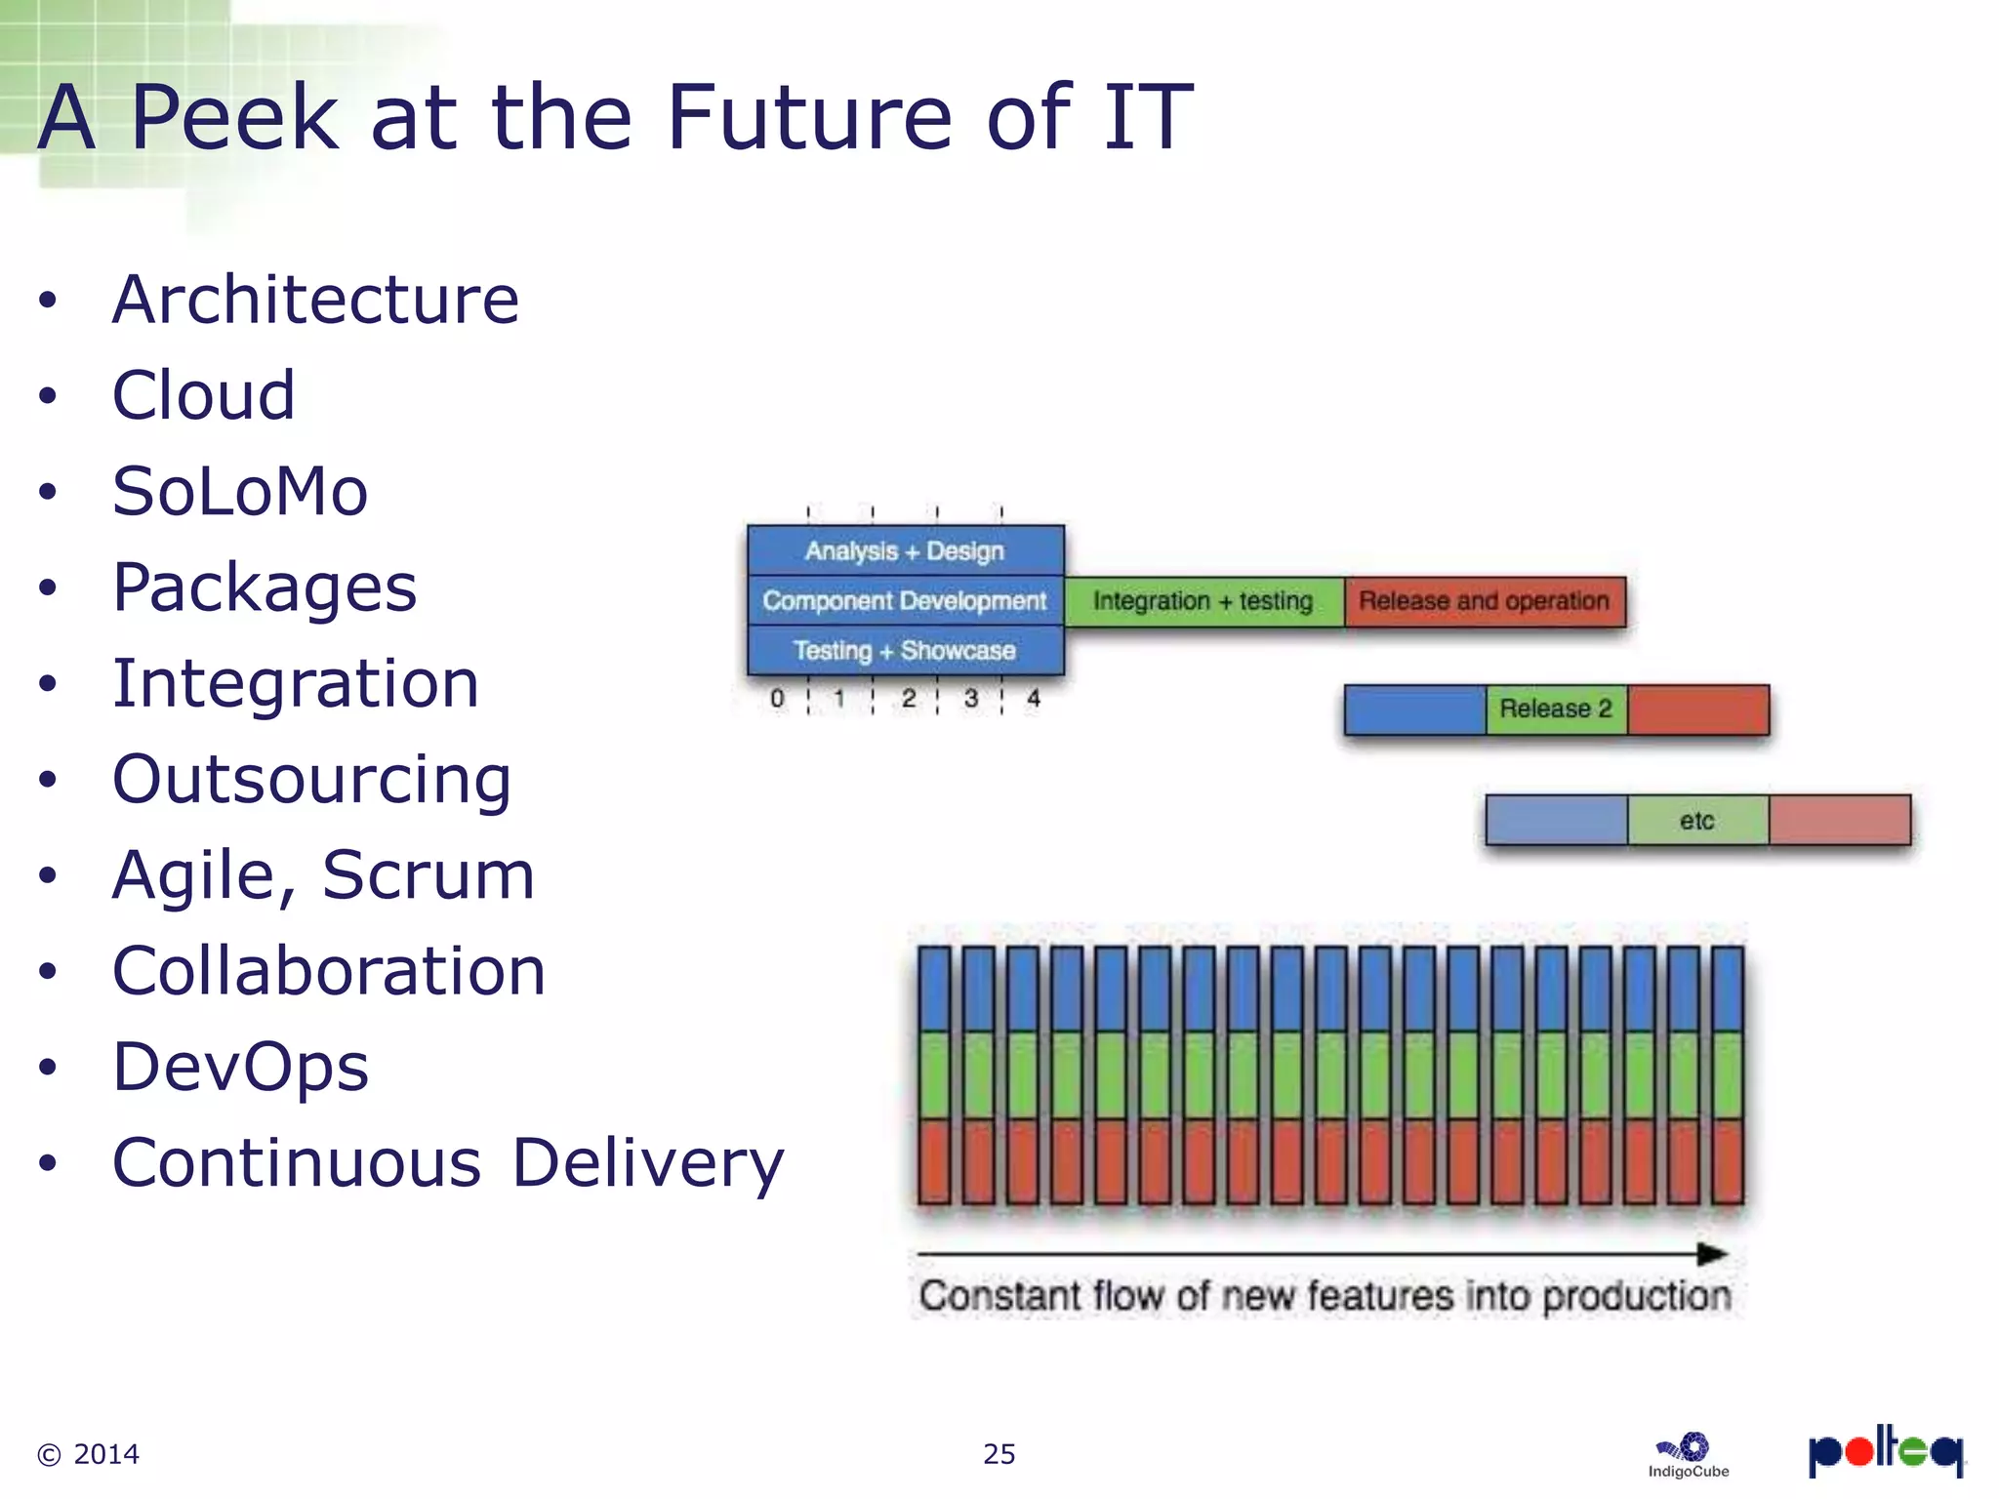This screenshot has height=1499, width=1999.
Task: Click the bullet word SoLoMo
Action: click(x=240, y=491)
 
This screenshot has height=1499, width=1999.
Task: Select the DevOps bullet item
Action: click(x=240, y=1067)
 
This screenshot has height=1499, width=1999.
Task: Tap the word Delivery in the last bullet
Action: click(x=648, y=1163)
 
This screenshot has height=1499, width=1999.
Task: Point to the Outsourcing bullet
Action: click(x=311, y=779)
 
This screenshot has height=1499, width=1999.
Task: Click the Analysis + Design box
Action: click(x=905, y=551)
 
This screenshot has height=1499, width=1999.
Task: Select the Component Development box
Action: click(x=905, y=601)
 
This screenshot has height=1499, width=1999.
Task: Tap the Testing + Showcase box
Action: click(x=905, y=651)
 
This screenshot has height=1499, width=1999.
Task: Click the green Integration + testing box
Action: click(x=1203, y=601)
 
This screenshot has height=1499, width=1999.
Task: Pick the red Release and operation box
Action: click(x=1484, y=601)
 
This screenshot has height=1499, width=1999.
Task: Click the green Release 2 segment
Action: click(x=1556, y=709)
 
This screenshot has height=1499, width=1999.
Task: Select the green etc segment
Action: click(x=1697, y=821)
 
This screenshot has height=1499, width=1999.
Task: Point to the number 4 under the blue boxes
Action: click(x=1034, y=699)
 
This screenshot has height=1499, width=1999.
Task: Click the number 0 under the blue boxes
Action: click(x=777, y=699)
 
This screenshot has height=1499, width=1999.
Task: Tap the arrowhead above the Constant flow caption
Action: click(x=1713, y=1254)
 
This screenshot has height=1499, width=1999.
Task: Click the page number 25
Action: click(x=999, y=1454)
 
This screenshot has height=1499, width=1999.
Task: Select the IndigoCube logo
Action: click(x=1689, y=1455)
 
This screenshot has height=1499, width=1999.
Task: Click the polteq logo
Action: click(x=1885, y=1451)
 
